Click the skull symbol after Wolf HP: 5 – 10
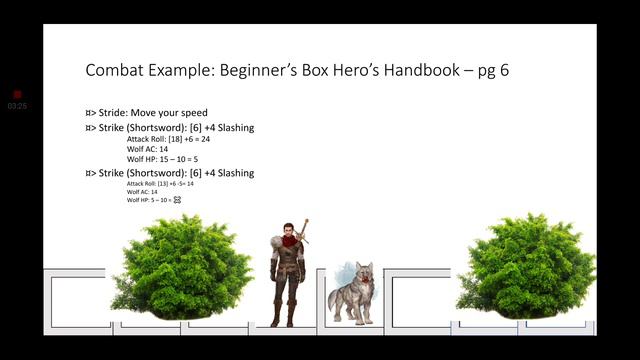(x=177, y=200)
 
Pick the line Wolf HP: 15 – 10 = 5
(x=154, y=159)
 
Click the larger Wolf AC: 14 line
(x=147, y=149)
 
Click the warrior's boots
(x=284, y=314)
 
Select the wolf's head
(x=362, y=275)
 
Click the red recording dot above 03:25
(x=17, y=94)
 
